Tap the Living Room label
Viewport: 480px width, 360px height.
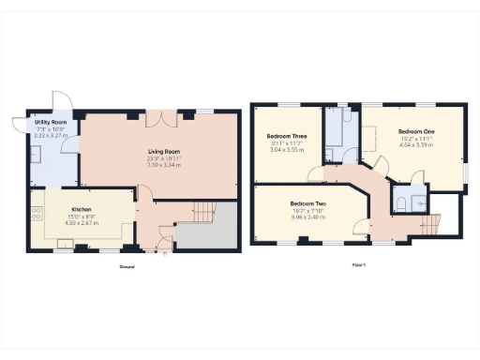(164, 151)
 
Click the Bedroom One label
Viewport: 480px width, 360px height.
(414, 131)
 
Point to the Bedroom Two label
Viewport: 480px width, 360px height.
(307, 203)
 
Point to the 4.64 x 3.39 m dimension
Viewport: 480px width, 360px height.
(414, 145)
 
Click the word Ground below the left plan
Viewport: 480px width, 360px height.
(127, 267)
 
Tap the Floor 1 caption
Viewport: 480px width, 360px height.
(358, 266)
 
